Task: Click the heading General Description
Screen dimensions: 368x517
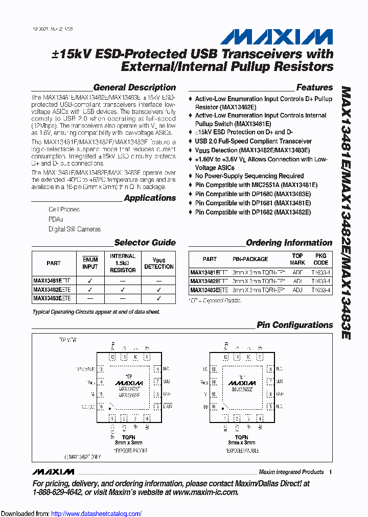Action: (134, 87)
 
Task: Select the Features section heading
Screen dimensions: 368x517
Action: (314, 87)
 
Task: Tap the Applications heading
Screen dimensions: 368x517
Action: (150, 198)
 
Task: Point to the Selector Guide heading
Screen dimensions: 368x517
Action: (145, 243)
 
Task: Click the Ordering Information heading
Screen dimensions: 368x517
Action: (289, 243)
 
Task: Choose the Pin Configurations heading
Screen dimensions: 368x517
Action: (294, 325)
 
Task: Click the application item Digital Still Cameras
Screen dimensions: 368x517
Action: (75, 229)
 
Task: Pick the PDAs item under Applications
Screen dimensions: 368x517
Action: (56, 219)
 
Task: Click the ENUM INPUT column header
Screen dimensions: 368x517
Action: (90, 263)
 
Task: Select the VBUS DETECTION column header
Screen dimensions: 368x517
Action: (159, 263)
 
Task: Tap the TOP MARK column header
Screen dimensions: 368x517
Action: (297, 258)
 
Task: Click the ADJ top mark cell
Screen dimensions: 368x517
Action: (297, 290)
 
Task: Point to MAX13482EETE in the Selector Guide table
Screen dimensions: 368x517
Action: (52, 290)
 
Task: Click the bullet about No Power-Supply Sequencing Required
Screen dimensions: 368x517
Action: (249, 176)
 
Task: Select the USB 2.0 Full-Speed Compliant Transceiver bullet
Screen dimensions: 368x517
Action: (253, 141)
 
